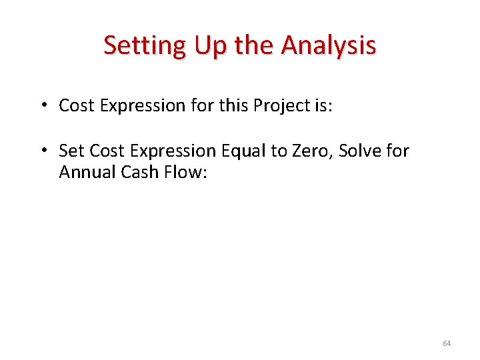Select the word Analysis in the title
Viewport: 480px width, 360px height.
coord(329,45)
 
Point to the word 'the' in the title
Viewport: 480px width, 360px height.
coord(257,45)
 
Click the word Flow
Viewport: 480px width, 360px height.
coord(184,172)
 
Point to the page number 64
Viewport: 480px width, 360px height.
coord(446,343)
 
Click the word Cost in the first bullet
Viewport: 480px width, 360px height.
coord(75,105)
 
